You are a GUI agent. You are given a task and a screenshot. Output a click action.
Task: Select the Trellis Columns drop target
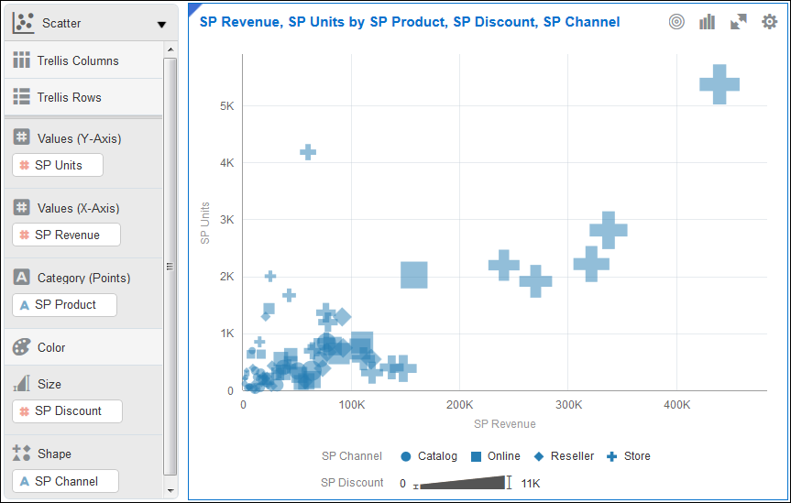(78, 61)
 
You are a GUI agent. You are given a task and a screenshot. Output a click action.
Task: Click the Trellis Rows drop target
(70, 97)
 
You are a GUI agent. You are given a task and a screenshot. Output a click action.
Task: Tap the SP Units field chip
(58, 166)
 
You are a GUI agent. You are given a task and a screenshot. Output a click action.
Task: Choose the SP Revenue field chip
(67, 235)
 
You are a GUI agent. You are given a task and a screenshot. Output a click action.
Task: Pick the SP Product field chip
(65, 305)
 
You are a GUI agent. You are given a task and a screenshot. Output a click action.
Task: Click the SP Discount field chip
(68, 411)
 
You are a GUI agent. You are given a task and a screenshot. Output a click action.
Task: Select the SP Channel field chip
(66, 481)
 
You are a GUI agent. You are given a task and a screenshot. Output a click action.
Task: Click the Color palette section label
(51, 348)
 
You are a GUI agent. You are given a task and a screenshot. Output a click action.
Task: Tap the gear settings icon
(769, 22)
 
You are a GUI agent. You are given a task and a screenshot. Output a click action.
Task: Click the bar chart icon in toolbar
(707, 22)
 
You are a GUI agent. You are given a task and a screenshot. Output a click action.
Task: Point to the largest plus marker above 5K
(720, 84)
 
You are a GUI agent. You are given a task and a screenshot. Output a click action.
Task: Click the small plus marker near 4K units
(308, 152)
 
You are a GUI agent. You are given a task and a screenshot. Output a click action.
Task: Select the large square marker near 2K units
(414, 275)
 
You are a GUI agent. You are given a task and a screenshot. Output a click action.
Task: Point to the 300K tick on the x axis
(568, 405)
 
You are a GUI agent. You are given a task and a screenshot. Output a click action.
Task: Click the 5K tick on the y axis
(225, 106)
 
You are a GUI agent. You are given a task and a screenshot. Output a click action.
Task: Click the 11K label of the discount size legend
(531, 483)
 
